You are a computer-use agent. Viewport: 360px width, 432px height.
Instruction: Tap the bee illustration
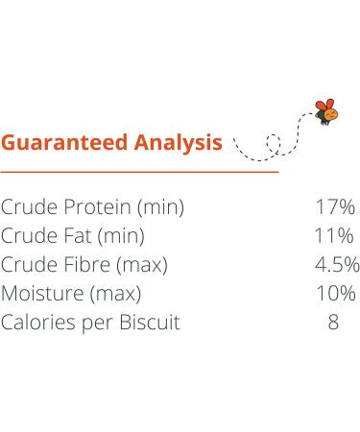coord(326,111)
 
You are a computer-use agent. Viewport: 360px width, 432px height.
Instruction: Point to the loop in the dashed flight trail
coord(274,144)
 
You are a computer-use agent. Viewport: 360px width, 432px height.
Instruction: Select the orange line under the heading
coord(139,172)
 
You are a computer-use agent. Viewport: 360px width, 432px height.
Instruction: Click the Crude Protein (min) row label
coord(93,206)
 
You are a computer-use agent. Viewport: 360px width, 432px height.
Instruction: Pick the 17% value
coord(334,206)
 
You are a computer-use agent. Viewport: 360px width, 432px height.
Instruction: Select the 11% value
coord(334,235)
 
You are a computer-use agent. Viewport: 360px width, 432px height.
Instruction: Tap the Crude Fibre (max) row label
coord(84,264)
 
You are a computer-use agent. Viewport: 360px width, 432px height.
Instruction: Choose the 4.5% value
coord(338,264)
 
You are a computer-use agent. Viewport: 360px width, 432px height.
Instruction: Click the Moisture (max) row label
coord(72,293)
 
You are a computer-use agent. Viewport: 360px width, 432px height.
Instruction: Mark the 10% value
coord(334,293)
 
